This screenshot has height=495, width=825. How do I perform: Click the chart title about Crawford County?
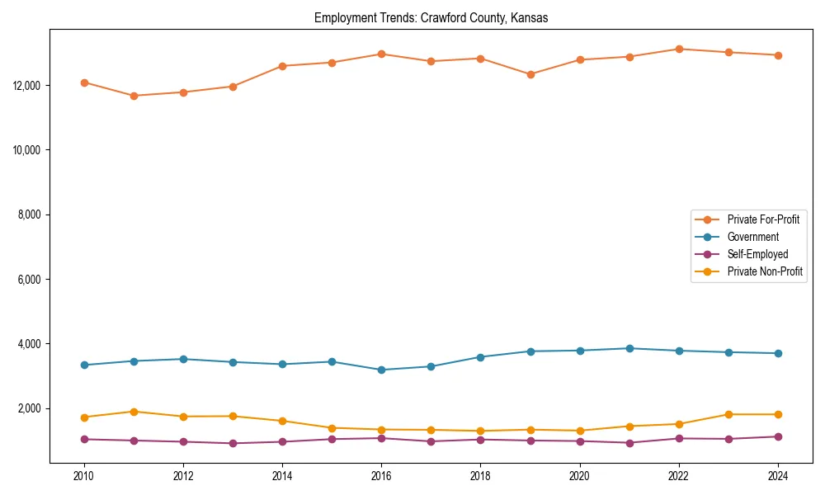coord(431,17)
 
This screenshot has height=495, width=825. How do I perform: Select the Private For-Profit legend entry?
coord(763,219)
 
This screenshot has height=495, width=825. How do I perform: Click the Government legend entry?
coord(752,237)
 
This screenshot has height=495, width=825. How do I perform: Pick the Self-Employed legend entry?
coord(757,254)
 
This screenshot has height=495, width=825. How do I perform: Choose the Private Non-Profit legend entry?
coord(765,271)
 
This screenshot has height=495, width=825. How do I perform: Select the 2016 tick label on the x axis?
coord(381,475)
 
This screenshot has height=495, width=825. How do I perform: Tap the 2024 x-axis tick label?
coord(777,475)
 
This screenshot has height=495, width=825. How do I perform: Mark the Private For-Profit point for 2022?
coord(679,49)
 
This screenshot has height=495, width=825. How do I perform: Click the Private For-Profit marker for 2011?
coord(134,96)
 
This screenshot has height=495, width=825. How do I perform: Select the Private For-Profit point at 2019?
coord(530,74)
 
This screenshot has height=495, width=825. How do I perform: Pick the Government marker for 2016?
coord(381,370)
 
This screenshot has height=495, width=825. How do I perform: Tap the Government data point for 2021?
coord(629,348)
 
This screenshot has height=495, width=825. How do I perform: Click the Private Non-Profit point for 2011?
coord(134,412)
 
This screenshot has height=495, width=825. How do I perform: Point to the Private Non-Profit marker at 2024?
coord(778,414)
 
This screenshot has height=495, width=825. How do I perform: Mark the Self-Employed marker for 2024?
coord(778,436)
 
